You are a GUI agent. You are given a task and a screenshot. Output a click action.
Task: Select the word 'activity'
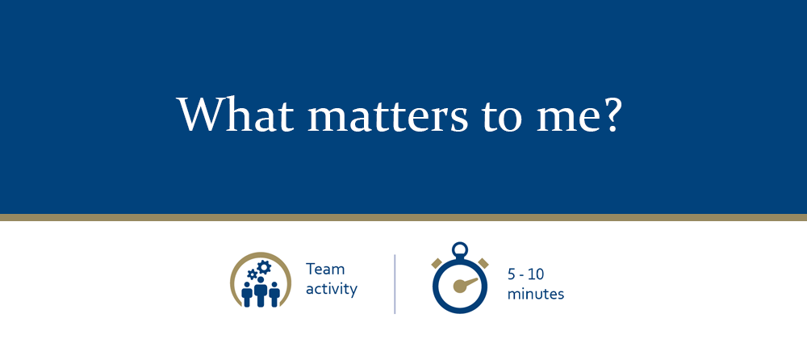(x=331, y=288)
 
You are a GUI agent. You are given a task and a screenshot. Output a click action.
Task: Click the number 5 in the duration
(x=512, y=274)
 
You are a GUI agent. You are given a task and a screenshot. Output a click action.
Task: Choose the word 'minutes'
(x=536, y=294)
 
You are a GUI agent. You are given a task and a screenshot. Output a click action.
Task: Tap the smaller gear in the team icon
(x=253, y=275)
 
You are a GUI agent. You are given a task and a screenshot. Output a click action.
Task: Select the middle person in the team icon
(x=260, y=291)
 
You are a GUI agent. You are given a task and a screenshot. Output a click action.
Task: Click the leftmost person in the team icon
(x=247, y=294)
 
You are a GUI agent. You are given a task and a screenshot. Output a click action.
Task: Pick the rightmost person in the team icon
(x=274, y=294)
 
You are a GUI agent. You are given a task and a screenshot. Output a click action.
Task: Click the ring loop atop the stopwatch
(x=460, y=249)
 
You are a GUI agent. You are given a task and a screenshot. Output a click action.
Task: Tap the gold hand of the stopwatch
(x=462, y=283)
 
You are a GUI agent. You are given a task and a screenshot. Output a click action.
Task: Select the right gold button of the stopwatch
(x=483, y=262)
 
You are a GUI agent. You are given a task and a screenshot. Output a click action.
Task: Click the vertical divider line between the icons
(x=395, y=283)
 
